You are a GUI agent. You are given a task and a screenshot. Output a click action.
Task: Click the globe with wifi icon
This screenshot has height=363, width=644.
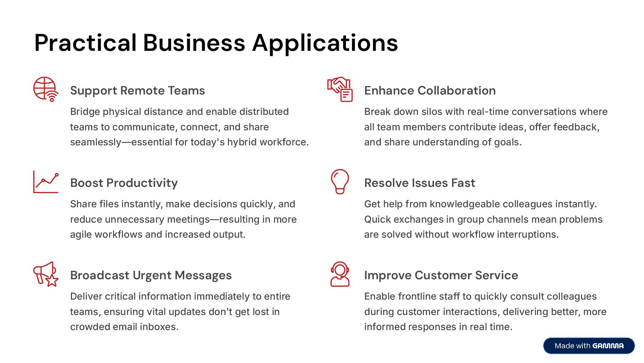[x=45, y=89]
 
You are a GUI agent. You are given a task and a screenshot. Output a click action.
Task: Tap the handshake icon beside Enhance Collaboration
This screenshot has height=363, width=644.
[x=340, y=89]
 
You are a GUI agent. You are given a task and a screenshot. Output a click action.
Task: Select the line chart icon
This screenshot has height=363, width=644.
[x=46, y=181]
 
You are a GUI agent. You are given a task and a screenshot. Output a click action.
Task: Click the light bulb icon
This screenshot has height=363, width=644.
[x=340, y=181]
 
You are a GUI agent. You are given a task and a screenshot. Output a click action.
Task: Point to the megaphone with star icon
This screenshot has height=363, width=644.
[x=46, y=274]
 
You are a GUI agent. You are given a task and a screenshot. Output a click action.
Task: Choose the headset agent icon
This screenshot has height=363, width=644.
[x=340, y=274]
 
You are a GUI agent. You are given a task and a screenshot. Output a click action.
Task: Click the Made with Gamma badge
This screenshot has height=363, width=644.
[x=589, y=346]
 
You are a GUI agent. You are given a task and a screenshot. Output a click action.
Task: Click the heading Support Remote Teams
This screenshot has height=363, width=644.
[x=137, y=91]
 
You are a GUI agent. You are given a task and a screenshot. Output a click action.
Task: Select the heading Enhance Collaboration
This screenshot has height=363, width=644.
[x=430, y=91]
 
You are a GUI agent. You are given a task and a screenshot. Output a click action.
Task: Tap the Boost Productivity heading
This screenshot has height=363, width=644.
[x=124, y=183]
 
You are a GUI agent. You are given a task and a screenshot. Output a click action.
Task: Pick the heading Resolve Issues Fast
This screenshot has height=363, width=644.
[x=419, y=183]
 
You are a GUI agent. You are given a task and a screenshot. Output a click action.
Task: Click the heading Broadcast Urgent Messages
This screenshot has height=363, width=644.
[x=151, y=275]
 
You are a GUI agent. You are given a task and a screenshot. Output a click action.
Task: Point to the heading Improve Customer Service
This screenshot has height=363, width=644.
[x=441, y=275]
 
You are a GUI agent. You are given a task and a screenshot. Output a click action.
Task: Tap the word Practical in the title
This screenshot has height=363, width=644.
[x=86, y=43]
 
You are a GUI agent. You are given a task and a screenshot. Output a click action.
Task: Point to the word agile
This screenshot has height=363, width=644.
[x=81, y=234]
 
